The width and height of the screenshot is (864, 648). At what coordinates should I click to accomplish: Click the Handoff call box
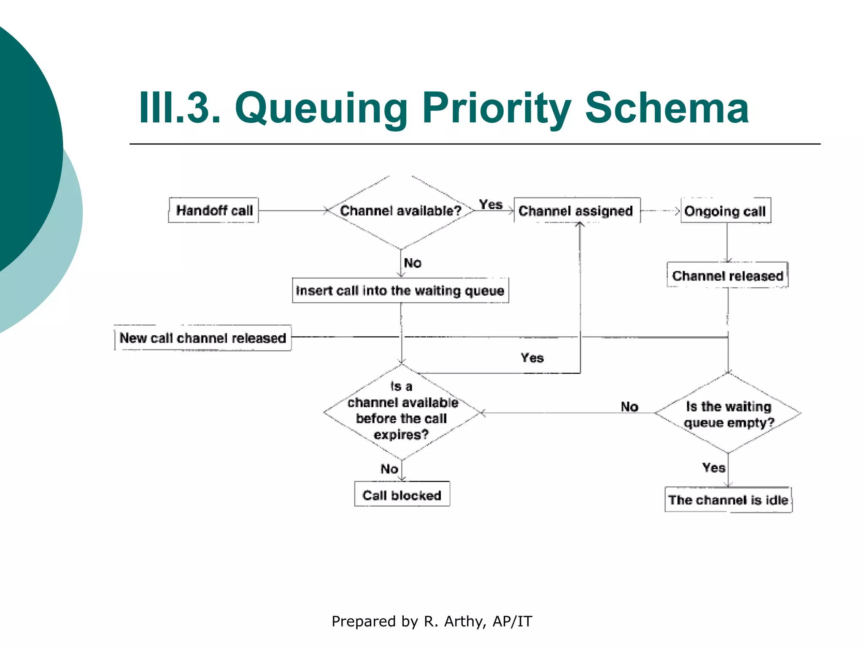click(x=213, y=210)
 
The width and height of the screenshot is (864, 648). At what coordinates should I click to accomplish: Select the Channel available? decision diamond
click(x=400, y=211)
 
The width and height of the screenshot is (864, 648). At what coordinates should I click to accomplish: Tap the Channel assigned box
click(x=576, y=211)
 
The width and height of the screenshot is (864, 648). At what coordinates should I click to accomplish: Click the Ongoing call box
click(x=725, y=211)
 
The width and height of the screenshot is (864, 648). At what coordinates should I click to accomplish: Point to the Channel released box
click(x=727, y=275)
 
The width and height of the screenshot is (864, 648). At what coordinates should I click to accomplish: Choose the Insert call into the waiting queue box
click(x=400, y=291)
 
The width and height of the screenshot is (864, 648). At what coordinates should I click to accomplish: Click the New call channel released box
click(x=202, y=338)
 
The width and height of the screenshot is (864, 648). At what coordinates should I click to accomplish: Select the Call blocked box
click(x=402, y=495)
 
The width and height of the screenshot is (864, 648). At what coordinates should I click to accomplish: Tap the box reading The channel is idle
click(x=728, y=500)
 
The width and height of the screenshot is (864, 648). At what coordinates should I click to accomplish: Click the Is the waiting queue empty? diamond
click(x=728, y=414)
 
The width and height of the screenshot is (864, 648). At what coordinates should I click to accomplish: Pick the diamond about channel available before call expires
click(x=402, y=411)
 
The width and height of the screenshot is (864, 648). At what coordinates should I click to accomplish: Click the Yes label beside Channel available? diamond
click(x=491, y=205)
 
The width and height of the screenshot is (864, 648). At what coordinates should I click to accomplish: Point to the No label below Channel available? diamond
click(x=412, y=263)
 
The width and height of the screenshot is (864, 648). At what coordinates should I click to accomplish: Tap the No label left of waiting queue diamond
click(x=629, y=407)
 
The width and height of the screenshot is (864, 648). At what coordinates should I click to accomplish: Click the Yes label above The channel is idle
click(x=713, y=467)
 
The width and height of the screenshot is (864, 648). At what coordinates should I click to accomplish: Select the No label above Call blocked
click(x=389, y=469)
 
